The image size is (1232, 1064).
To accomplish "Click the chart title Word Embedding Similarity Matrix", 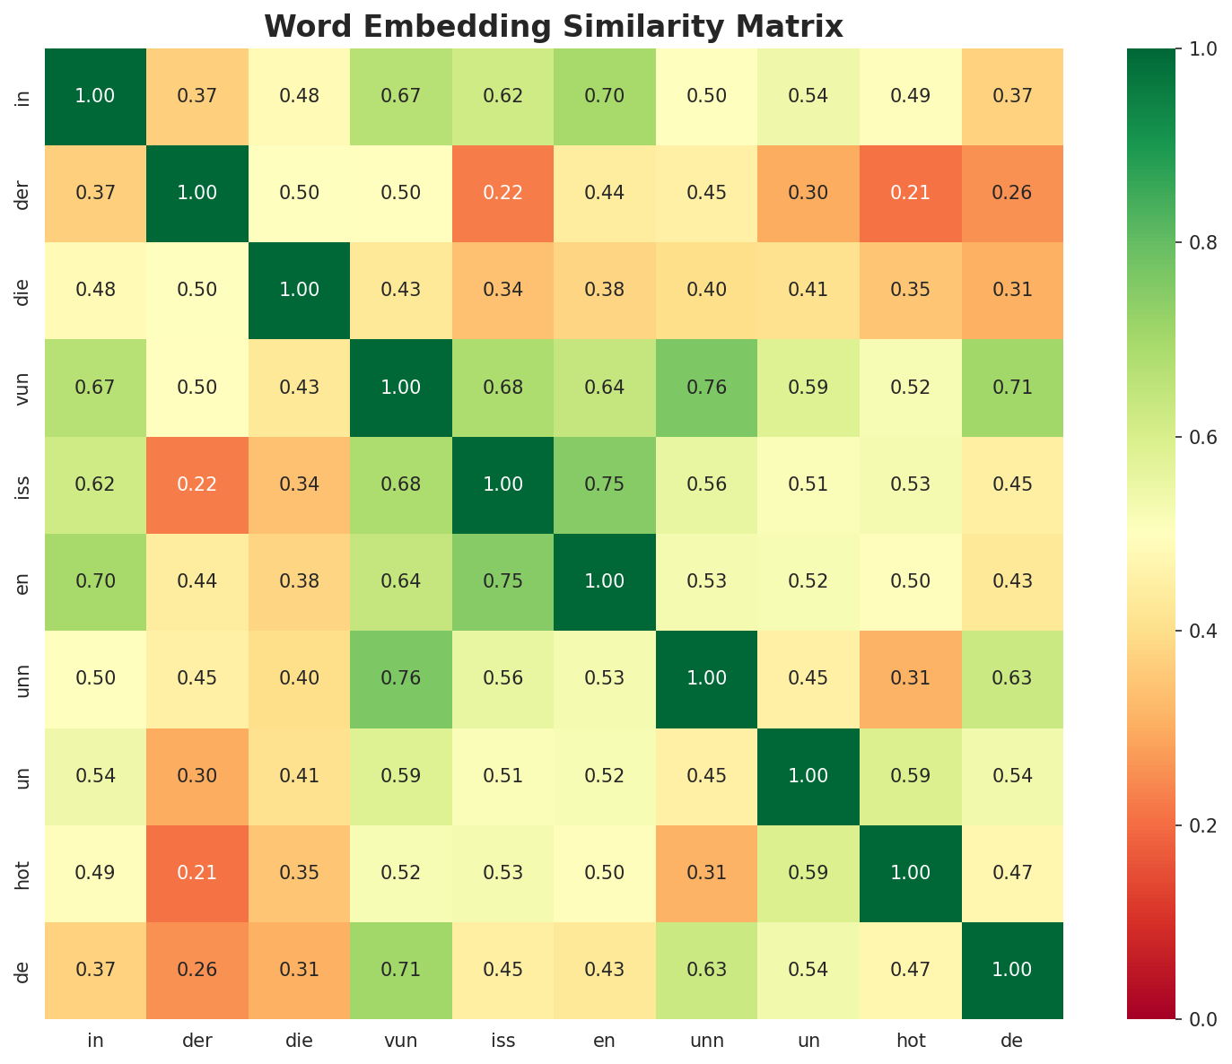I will tap(554, 27).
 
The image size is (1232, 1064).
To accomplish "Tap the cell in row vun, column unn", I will tap(707, 388).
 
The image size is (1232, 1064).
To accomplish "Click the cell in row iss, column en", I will tap(605, 484).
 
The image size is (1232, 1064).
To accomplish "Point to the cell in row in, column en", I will tap(605, 96).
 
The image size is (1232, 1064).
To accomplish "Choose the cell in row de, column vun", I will tap(401, 970).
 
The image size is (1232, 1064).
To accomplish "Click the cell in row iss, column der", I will tap(197, 484).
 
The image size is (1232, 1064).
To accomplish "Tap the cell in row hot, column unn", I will tap(707, 873).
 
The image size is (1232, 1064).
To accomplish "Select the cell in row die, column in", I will tap(95, 290).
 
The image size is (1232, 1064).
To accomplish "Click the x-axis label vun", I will tap(401, 1041).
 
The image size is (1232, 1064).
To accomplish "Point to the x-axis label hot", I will tap(911, 1041).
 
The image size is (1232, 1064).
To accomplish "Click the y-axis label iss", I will tap(24, 484).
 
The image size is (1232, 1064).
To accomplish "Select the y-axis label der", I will tap(24, 193).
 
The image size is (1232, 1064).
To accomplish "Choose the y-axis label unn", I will tap(24, 678).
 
